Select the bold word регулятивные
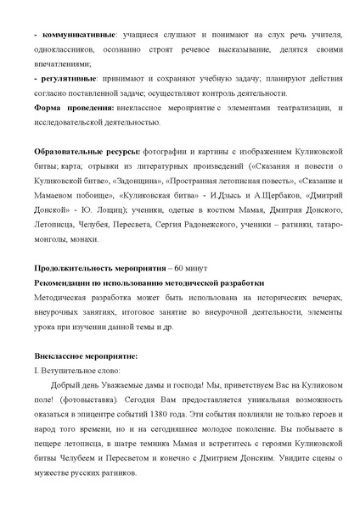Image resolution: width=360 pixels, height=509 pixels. [59, 77]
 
